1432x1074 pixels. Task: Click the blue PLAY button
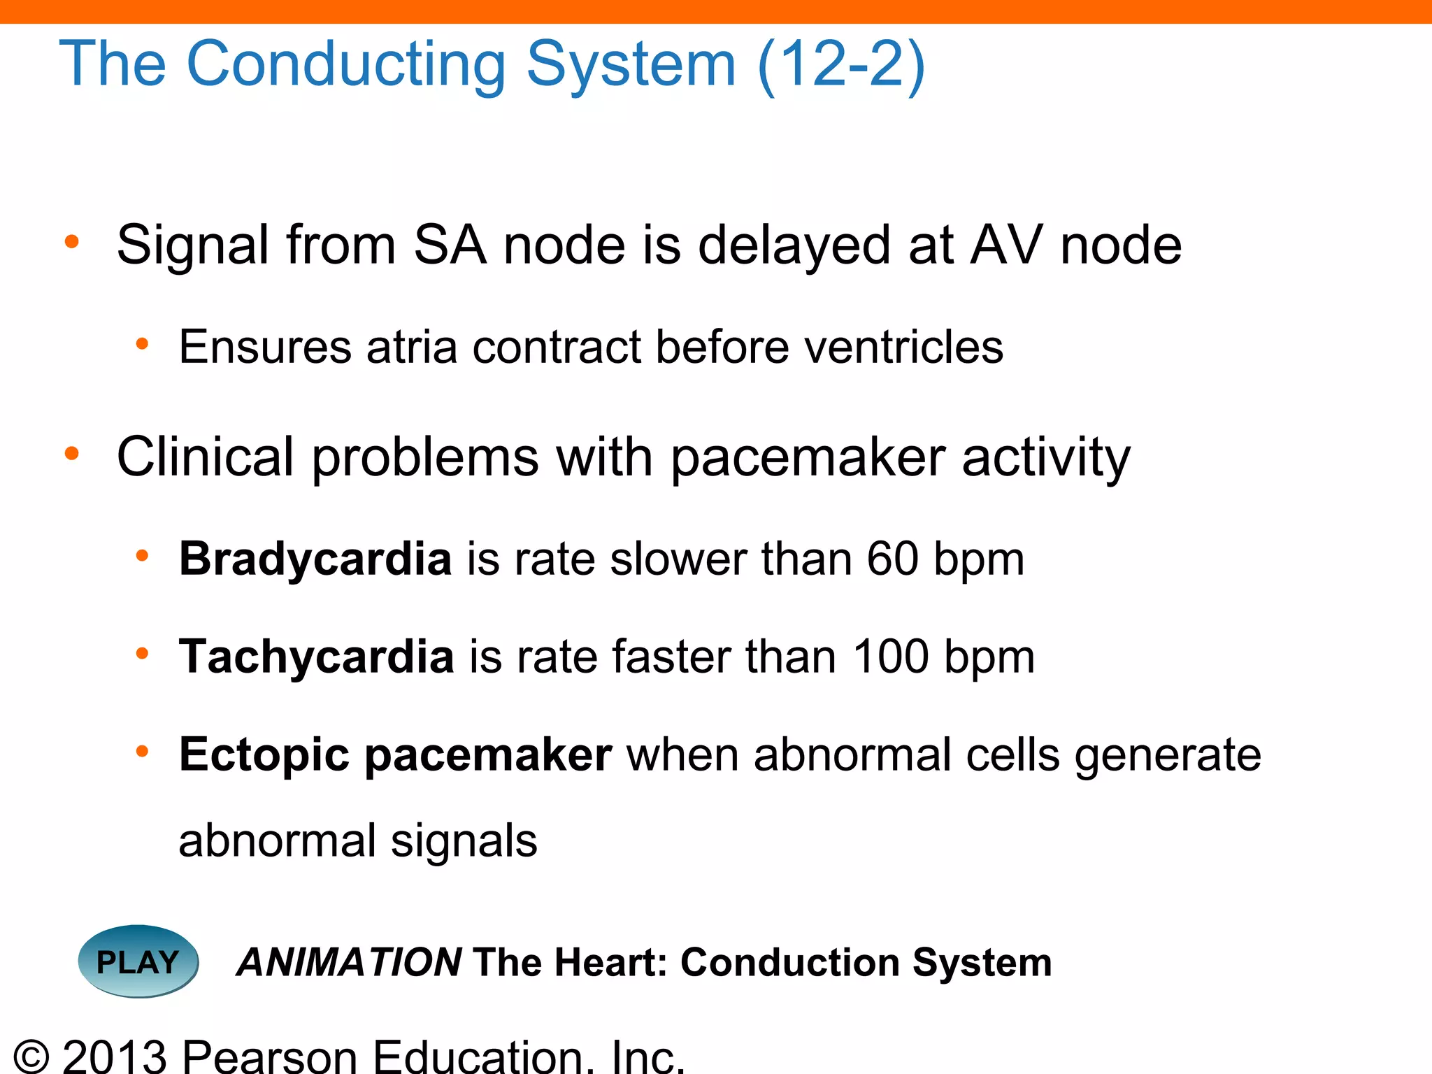[x=138, y=961]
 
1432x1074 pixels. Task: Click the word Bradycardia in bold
[x=315, y=559]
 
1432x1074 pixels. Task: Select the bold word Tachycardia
[x=316, y=657]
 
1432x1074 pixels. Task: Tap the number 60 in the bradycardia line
[x=892, y=559]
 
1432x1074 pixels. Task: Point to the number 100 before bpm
[x=890, y=657]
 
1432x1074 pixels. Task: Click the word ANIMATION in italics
[x=349, y=962]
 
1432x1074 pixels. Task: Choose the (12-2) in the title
[x=841, y=64]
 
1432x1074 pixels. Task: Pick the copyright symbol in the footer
[x=31, y=1056]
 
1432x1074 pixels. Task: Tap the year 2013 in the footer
[x=115, y=1056]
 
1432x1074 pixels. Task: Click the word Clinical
[x=205, y=457]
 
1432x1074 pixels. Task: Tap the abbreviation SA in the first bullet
[x=450, y=245]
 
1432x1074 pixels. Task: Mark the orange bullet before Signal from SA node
[x=71, y=243]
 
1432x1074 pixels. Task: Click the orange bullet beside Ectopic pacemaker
[x=142, y=752]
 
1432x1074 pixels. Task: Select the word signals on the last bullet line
[x=464, y=840]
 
